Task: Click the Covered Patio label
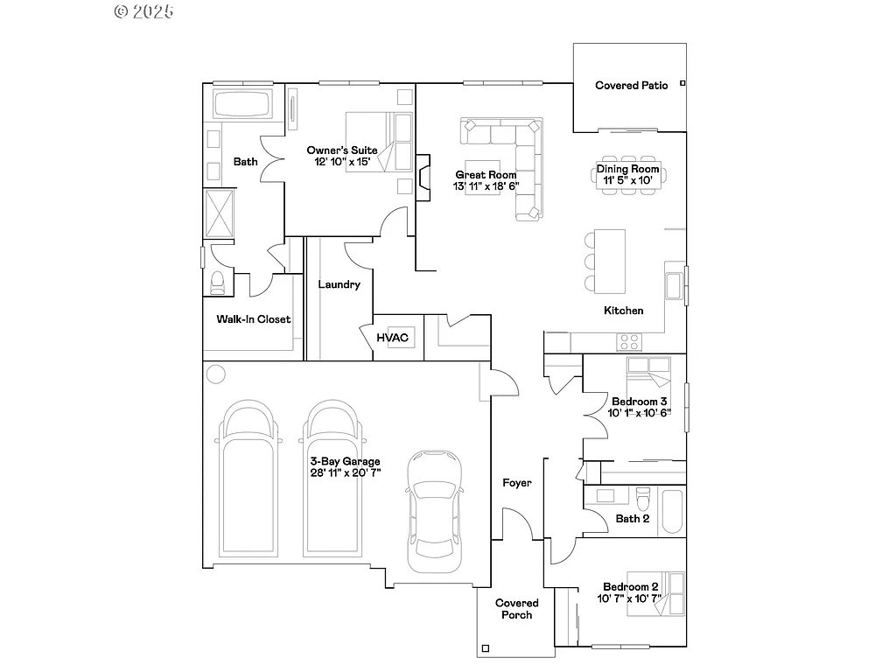pos(631,86)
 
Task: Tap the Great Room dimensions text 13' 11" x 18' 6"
pos(486,185)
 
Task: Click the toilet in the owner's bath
pos(218,282)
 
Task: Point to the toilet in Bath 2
pos(643,500)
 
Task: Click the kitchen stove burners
pos(629,341)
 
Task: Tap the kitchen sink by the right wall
pos(674,286)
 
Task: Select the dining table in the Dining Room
pos(627,174)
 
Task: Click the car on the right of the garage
pos(436,505)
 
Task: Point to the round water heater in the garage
pos(215,374)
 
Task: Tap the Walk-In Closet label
pos(254,319)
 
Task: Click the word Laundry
pos(339,284)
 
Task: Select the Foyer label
pos(516,483)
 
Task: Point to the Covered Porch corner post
pos(486,649)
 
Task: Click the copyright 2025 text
pos(144,11)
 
